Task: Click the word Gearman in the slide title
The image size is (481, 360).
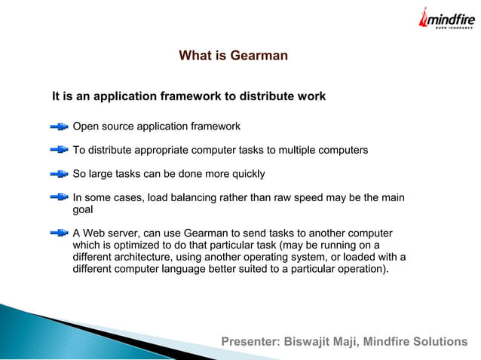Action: point(261,56)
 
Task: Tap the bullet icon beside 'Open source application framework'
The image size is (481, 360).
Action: point(59,126)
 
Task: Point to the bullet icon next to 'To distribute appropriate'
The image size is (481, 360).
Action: point(59,151)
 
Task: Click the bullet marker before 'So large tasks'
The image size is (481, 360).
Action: point(59,175)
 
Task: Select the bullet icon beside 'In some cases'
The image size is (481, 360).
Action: point(59,199)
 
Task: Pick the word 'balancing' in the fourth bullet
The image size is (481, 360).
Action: point(195,199)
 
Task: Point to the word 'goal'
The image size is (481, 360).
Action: point(82,212)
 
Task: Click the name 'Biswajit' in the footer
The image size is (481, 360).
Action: point(307,342)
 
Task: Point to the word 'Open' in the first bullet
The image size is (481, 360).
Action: point(85,126)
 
